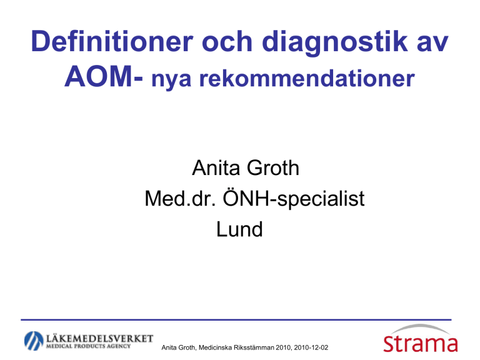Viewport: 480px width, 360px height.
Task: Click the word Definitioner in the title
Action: pyautogui.click(x=112, y=41)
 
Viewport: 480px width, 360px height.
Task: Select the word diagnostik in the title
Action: pyautogui.click(x=335, y=43)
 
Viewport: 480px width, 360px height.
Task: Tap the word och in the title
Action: pyautogui.click(x=227, y=41)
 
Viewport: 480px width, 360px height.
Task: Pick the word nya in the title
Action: pyautogui.click(x=171, y=80)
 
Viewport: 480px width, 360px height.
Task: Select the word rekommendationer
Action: pyautogui.click(x=307, y=78)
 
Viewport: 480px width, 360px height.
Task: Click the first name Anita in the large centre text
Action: pyautogui.click(x=216, y=167)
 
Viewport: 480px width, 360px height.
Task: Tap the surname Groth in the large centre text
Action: pyautogui.click(x=273, y=167)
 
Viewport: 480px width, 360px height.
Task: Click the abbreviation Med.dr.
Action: pyautogui.click(x=181, y=198)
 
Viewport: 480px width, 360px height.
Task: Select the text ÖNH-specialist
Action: pyautogui.click(x=294, y=198)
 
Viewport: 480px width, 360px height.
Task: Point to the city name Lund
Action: pyautogui.click(x=239, y=229)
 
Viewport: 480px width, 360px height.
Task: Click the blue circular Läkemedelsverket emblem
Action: pyautogui.click(x=34, y=341)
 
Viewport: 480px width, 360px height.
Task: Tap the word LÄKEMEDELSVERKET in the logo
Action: pyautogui.click(x=99, y=338)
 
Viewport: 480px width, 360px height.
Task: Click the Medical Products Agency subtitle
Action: pyautogui.click(x=88, y=346)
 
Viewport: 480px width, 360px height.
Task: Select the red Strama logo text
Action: pyautogui.click(x=420, y=344)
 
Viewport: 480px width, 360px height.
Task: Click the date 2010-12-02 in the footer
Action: pyautogui.click(x=311, y=347)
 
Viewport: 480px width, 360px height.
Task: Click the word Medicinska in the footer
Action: pyautogui.click(x=215, y=347)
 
